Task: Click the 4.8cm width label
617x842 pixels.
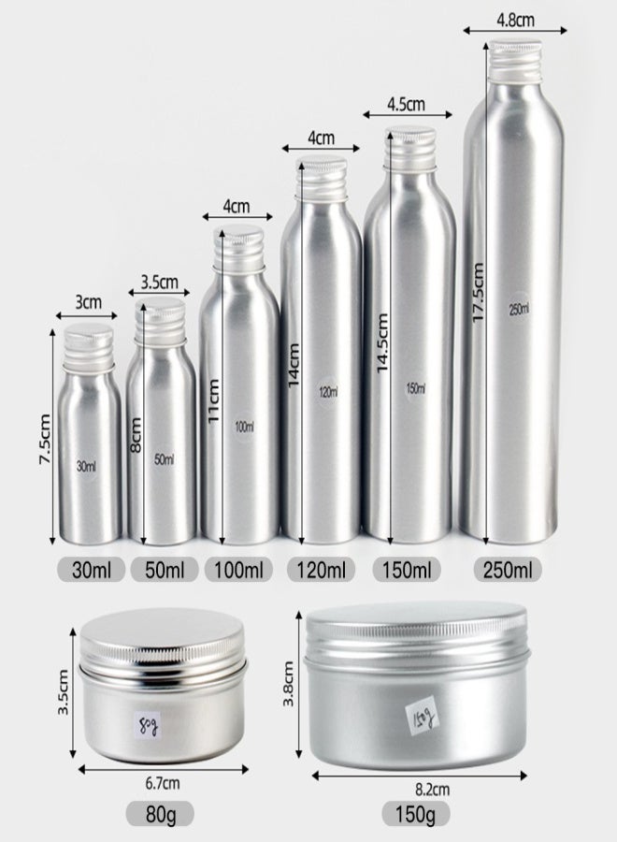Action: pos(515,21)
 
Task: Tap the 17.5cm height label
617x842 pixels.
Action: pos(478,293)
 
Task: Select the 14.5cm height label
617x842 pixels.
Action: pos(381,343)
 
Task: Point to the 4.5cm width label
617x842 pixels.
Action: pos(406,104)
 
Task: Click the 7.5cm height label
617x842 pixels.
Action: pos(44,440)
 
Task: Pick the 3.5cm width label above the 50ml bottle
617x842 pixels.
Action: pos(159,282)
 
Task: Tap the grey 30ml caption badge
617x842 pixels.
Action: pos(92,570)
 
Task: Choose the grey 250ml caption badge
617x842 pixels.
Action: pos(508,570)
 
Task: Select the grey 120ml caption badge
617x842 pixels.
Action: pos(321,570)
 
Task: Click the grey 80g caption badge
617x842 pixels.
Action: pos(160,814)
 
